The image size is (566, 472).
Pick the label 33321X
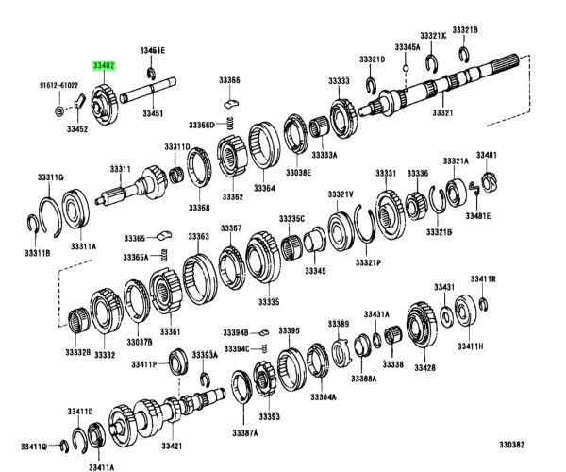(x=433, y=34)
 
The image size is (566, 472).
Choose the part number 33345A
(x=407, y=46)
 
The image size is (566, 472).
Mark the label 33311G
(x=50, y=177)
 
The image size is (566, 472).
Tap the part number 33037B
(x=139, y=341)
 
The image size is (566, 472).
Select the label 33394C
(x=237, y=348)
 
